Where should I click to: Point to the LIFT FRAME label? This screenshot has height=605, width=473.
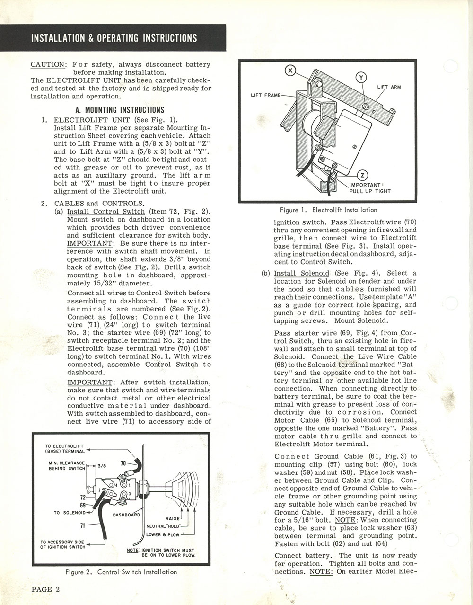(266, 95)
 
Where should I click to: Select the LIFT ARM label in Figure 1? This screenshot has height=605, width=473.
(389, 87)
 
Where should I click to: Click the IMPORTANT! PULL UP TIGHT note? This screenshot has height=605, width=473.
(370, 188)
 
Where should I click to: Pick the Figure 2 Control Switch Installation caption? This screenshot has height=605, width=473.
(121, 572)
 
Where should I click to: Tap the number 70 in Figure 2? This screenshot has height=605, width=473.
(124, 463)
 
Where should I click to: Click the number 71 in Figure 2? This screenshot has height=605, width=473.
(84, 525)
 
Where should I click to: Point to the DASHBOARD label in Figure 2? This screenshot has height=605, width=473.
(126, 515)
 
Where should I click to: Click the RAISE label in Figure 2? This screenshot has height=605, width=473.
(173, 518)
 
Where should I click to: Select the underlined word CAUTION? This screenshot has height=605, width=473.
(48, 64)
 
